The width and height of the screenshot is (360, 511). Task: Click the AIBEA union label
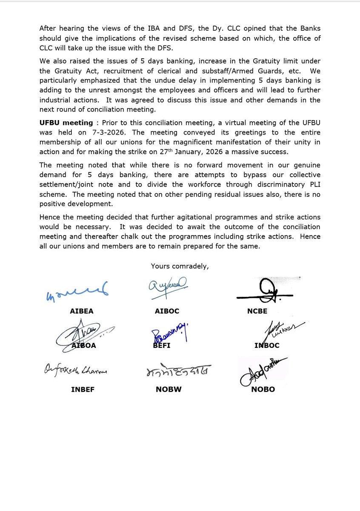(81, 311)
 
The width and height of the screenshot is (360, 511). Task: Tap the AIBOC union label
(167, 311)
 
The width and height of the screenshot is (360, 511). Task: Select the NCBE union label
(257, 311)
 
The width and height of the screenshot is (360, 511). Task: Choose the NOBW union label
(169, 389)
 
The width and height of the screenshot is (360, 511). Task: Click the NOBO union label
(263, 389)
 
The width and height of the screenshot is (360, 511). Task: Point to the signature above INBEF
(75, 371)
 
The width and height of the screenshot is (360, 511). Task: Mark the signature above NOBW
(176, 372)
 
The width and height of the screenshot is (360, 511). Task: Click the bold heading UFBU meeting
(66, 123)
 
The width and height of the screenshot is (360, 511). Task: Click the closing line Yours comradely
(180, 266)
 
